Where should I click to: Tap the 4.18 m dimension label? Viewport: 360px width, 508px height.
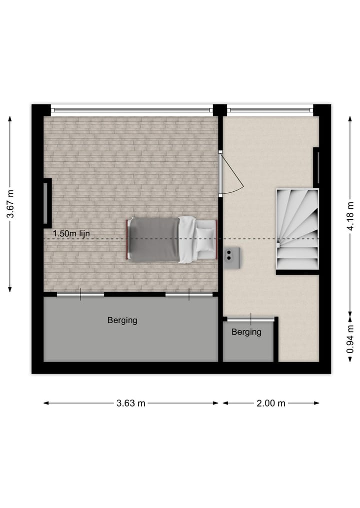tap(350, 213)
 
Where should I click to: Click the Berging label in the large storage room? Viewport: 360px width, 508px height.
tap(122, 321)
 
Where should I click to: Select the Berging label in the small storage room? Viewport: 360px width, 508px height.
tap(246, 332)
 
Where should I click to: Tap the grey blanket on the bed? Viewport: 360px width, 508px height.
tap(153, 239)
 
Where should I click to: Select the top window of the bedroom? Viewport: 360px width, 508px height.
tap(132, 110)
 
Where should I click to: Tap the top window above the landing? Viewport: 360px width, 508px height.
tap(270, 110)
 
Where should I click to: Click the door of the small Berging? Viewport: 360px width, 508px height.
tap(250, 318)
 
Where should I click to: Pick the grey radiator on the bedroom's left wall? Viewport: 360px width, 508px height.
tap(46, 202)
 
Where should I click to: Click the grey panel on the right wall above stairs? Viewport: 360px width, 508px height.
tap(316, 167)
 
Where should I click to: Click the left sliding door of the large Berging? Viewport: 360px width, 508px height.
tap(80, 295)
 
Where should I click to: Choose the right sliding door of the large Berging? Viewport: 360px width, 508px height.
tap(189, 295)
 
